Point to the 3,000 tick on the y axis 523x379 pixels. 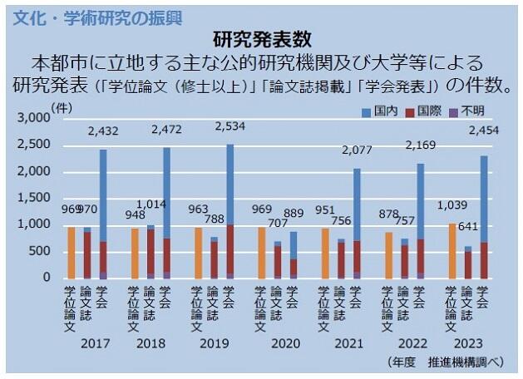(x=34, y=118)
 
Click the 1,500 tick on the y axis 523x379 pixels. (x=34, y=198)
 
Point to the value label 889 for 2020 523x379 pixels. (x=294, y=214)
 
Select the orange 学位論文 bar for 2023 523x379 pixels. (x=452, y=251)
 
